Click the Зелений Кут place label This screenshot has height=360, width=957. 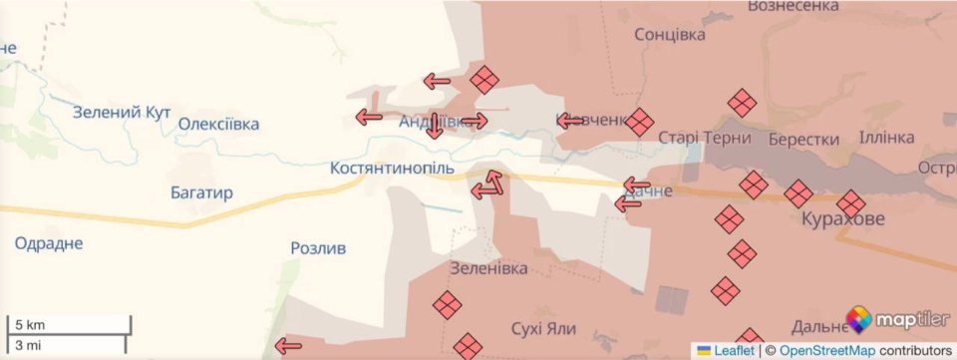(x=122, y=112)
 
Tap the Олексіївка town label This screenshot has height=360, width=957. (x=218, y=125)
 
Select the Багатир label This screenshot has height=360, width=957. (x=200, y=192)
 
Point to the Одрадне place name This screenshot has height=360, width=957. (x=49, y=243)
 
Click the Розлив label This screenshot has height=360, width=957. (x=318, y=247)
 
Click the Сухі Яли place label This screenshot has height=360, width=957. (x=543, y=328)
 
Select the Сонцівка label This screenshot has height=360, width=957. (x=669, y=34)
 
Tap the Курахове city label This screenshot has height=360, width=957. (x=842, y=221)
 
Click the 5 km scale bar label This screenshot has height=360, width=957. (x=27, y=325)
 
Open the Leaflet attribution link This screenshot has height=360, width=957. (x=733, y=350)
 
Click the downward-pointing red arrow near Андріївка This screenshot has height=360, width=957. (x=435, y=127)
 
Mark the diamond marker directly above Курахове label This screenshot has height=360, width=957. (x=851, y=202)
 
